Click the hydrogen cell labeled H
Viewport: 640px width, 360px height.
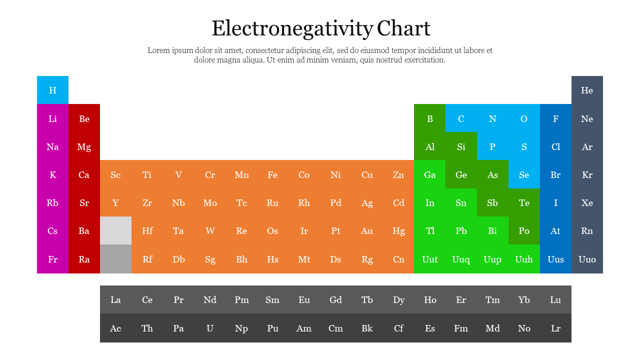click(x=52, y=90)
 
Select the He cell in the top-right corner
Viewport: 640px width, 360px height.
click(x=587, y=90)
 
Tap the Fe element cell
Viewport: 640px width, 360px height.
click(x=272, y=175)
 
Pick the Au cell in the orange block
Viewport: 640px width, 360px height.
click(x=367, y=231)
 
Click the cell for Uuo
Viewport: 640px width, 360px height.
click(x=587, y=259)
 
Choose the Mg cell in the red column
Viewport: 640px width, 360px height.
click(x=84, y=147)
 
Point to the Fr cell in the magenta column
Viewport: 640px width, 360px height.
click(x=52, y=259)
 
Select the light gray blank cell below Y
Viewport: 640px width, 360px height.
click(x=115, y=230)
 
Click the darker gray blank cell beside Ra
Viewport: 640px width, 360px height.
click(x=115, y=259)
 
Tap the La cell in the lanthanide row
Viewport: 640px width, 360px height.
click(x=115, y=300)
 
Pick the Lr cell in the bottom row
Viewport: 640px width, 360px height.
click(x=555, y=328)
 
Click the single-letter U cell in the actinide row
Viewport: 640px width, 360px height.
click(x=210, y=328)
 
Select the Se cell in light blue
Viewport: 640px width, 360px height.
click(x=524, y=175)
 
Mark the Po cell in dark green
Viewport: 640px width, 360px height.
click(x=524, y=231)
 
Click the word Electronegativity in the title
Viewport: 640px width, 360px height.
click(x=292, y=28)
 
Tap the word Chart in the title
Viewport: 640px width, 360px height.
click(x=403, y=28)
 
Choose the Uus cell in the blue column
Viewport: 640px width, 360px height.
click(x=555, y=259)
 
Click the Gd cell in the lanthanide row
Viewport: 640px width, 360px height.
click(x=335, y=300)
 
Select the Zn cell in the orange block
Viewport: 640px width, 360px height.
click(x=398, y=175)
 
